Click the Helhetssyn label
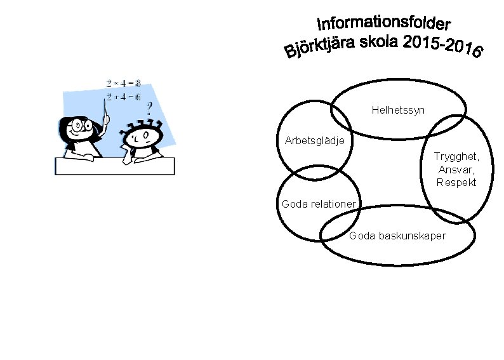point(398,111)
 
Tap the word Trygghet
point(456,156)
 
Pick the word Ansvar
point(456,170)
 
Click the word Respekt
point(456,183)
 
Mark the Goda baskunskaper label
point(397,236)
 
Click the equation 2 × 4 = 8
point(124,83)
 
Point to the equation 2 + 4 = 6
point(124,97)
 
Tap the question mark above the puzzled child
point(150,108)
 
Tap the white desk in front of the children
point(114,166)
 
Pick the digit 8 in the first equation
point(138,83)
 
